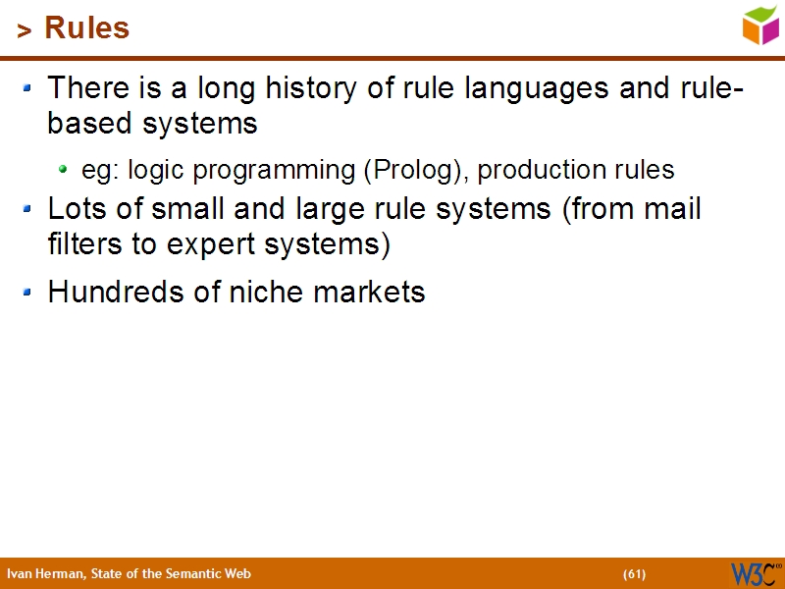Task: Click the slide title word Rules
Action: pos(87,28)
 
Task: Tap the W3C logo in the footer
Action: pos(755,573)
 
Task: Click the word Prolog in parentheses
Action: pos(412,171)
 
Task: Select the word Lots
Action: pos(76,210)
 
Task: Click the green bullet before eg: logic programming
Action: pos(64,169)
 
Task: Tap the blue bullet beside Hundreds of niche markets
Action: pos(28,292)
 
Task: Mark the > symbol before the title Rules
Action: pos(25,31)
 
